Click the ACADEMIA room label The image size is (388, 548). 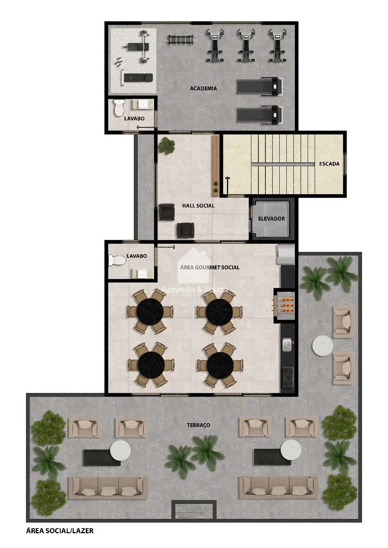click(203, 88)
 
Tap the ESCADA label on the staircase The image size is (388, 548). click(329, 164)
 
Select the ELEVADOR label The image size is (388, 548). click(271, 219)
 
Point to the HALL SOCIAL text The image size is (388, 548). click(198, 206)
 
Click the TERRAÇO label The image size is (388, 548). click(198, 425)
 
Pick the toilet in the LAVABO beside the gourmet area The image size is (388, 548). click(117, 260)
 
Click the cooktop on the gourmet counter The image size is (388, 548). click(288, 377)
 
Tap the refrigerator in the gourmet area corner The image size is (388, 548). click(286, 254)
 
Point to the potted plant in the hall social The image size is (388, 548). click(166, 146)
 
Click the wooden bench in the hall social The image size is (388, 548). click(215, 165)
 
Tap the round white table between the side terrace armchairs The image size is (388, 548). click(322, 345)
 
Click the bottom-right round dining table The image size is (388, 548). click(220, 365)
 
